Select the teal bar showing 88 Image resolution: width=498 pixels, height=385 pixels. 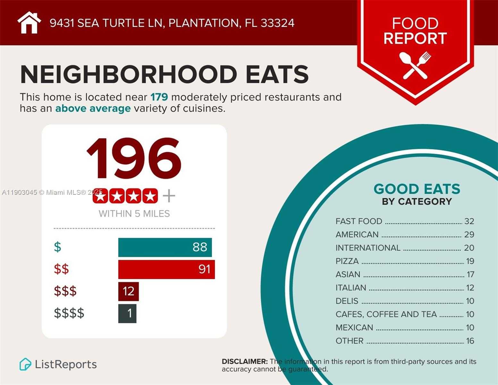tap(165, 247)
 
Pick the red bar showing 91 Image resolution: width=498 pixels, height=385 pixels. tap(166, 269)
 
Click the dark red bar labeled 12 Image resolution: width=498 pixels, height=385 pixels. tap(128, 291)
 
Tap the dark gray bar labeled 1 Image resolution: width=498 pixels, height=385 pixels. tap(127, 313)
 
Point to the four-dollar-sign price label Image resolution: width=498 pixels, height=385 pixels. tap(69, 313)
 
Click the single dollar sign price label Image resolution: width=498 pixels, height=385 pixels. tap(57, 247)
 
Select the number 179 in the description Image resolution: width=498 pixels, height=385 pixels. tap(159, 97)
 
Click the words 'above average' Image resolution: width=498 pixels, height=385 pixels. tap(93, 108)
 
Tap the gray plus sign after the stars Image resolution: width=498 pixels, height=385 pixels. tap(169, 196)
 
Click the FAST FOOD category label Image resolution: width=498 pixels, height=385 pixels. tap(359, 221)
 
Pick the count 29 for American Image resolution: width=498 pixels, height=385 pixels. tap(469, 235)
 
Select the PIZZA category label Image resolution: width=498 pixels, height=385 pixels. tap(347, 261)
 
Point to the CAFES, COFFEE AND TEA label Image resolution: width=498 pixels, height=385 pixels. tap(386, 314)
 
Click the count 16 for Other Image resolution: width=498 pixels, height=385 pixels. tap(470, 341)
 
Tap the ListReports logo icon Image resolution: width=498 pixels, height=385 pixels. tap(25, 364)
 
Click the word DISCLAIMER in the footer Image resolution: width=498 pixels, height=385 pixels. tap(245, 361)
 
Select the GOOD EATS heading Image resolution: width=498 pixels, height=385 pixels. tap(417, 189)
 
